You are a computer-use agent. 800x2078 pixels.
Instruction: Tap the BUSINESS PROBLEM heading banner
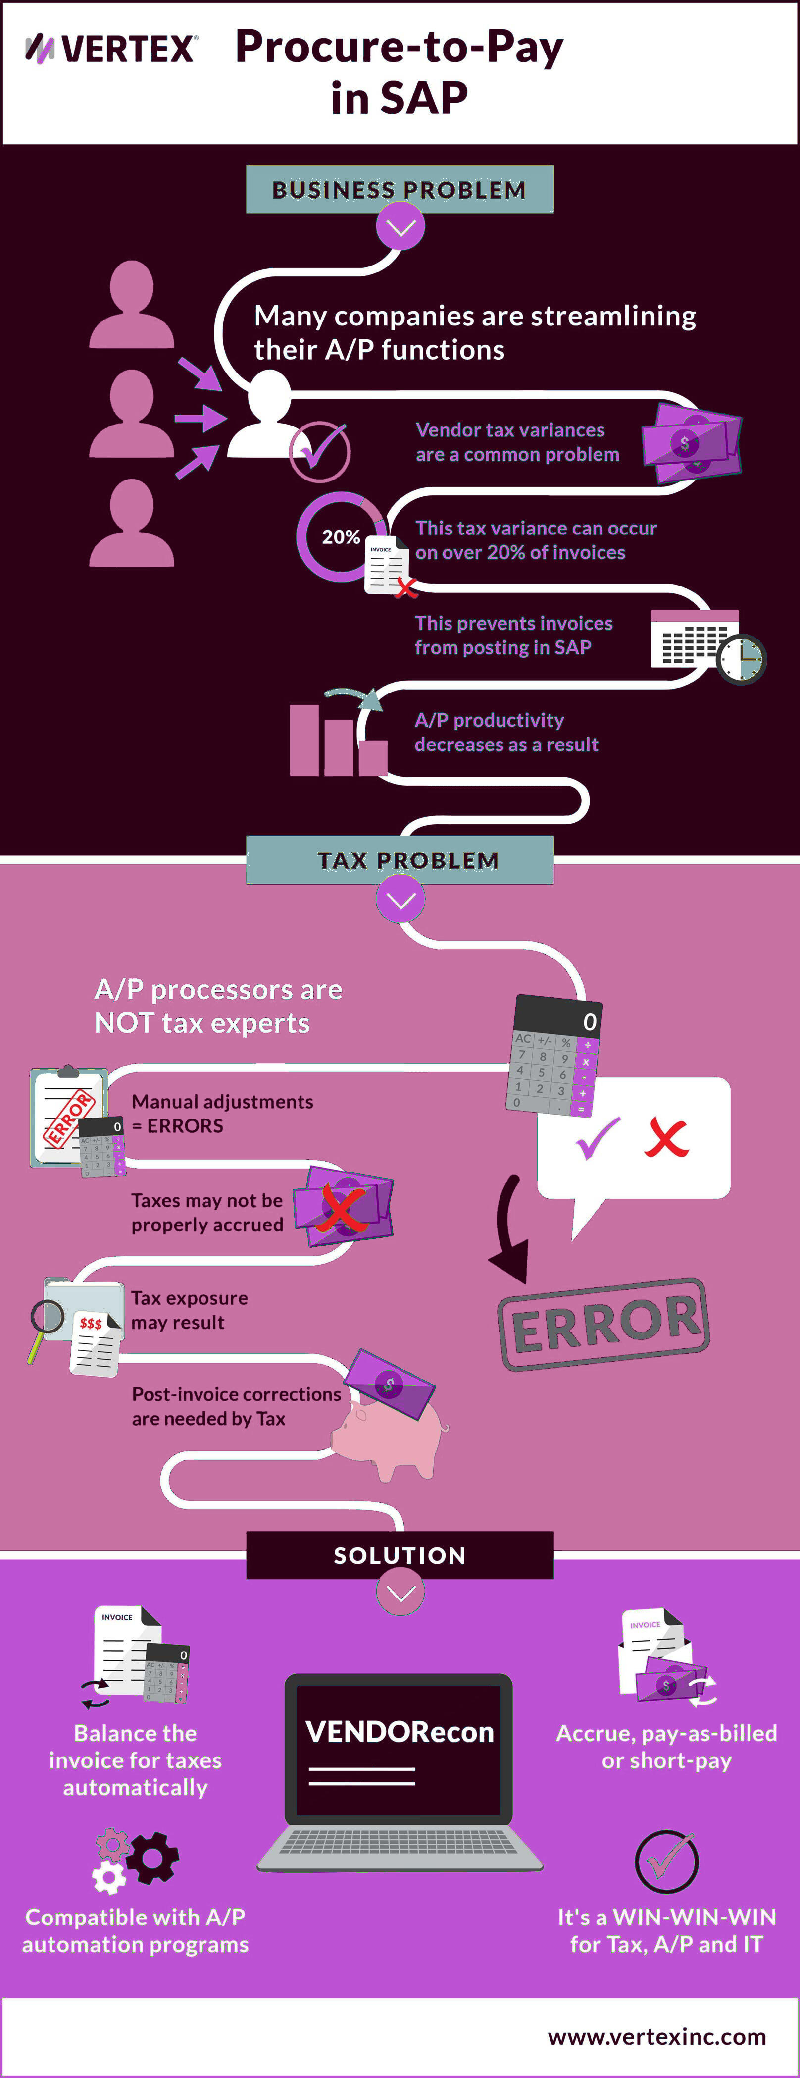coord(399,190)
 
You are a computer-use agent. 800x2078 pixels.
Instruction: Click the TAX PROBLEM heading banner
coord(399,860)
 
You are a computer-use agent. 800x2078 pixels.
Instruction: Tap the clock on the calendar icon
coord(741,659)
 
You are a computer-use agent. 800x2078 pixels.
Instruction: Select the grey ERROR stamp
coord(603,1324)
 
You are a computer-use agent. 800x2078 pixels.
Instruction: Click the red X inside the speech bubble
coord(666,1138)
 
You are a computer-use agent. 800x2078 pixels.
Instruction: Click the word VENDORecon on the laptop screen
coord(399,1732)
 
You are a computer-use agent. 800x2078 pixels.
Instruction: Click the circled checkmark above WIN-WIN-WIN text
coord(666,1861)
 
